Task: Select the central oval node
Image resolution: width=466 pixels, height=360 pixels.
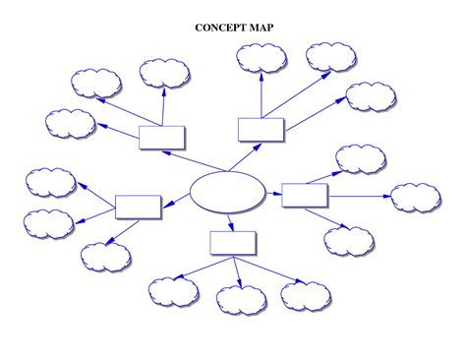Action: click(227, 192)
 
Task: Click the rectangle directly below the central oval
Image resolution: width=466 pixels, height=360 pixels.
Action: click(233, 243)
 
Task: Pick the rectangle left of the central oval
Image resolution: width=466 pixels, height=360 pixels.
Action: click(138, 207)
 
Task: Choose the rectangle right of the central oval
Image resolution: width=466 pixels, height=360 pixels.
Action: click(305, 195)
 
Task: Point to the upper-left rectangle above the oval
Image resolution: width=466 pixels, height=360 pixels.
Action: click(162, 137)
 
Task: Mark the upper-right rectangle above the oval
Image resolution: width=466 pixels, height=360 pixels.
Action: click(261, 130)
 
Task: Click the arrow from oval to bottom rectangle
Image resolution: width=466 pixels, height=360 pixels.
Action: click(230, 221)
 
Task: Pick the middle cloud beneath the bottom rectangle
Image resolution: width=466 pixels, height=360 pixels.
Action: click(240, 299)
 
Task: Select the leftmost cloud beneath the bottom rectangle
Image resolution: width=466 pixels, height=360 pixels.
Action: click(174, 291)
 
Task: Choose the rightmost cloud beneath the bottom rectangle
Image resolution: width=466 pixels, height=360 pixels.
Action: click(306, 295)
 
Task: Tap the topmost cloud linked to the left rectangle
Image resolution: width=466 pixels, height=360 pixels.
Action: click(50, 181)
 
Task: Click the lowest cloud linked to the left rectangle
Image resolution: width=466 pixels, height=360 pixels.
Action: click(105, 257)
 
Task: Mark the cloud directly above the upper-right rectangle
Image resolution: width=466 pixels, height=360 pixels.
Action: click(262, 58)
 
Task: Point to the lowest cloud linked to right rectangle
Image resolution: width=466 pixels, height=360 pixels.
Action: click(349, 240)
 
